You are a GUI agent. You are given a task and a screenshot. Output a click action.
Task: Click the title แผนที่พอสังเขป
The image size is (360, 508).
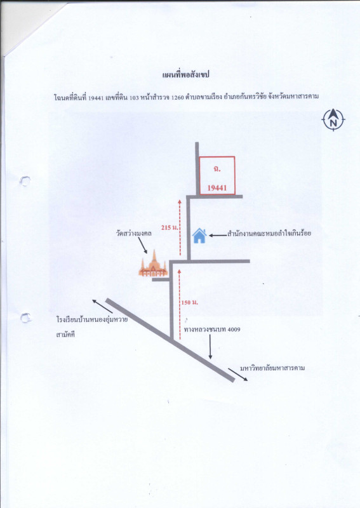(x=186, y=75)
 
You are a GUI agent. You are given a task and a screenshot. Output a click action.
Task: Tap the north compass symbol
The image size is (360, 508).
(x=333, y=119)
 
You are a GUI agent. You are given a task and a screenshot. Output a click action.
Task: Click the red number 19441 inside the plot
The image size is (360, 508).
(x=217, y=187)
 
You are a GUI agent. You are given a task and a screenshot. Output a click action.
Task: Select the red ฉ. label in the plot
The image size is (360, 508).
(x=217, y=169)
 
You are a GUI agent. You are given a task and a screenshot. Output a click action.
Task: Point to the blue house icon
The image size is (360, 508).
(x=199, y=236)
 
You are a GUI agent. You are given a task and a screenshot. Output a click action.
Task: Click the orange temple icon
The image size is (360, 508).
(x=153, y=264)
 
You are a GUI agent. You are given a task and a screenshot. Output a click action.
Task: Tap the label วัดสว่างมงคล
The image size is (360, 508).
(x=134, y=233)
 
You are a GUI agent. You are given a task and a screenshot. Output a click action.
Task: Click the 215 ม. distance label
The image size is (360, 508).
(x=170, y=228)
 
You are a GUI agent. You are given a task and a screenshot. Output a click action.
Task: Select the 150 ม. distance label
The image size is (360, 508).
(x=190, y=303)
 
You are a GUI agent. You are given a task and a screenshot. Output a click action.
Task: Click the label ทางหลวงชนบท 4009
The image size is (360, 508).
(x=212, y=330)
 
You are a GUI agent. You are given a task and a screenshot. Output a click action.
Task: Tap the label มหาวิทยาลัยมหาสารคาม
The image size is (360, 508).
(x=272, y=368)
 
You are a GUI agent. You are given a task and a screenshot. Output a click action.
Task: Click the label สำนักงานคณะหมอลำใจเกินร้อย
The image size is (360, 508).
(x=269, y=233)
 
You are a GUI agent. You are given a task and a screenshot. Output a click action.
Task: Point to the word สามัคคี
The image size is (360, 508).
(x=65, y=335)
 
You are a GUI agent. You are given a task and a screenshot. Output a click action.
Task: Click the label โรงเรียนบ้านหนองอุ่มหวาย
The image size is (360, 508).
(x=91, y=320)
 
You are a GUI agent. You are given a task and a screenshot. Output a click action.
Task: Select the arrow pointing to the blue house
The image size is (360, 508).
(x=217, y=236)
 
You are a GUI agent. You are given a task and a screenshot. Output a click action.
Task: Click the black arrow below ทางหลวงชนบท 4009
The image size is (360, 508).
(x=210, y=347)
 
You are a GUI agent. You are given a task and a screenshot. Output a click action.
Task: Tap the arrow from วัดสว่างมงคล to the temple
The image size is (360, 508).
(x=143, y=245)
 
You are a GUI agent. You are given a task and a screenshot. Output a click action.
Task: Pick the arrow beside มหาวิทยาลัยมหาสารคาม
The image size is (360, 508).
(x=238, y=375)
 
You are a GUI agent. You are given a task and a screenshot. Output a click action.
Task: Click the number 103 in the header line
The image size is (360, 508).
(x=134, y=97)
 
